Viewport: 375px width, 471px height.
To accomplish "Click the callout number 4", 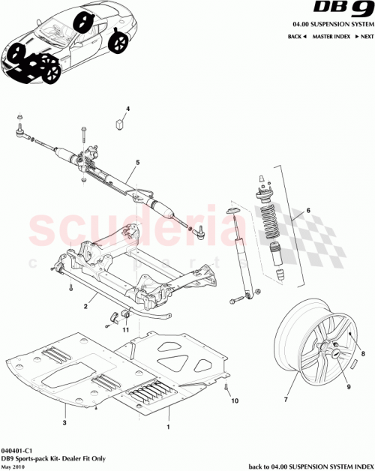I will click(x=127, y=109).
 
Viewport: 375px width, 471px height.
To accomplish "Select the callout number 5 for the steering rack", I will click(x=137, y=162).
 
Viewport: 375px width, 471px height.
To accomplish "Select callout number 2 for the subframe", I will click(x=86, y=307).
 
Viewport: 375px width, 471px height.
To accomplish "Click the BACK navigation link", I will click(x=295, y=36).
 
